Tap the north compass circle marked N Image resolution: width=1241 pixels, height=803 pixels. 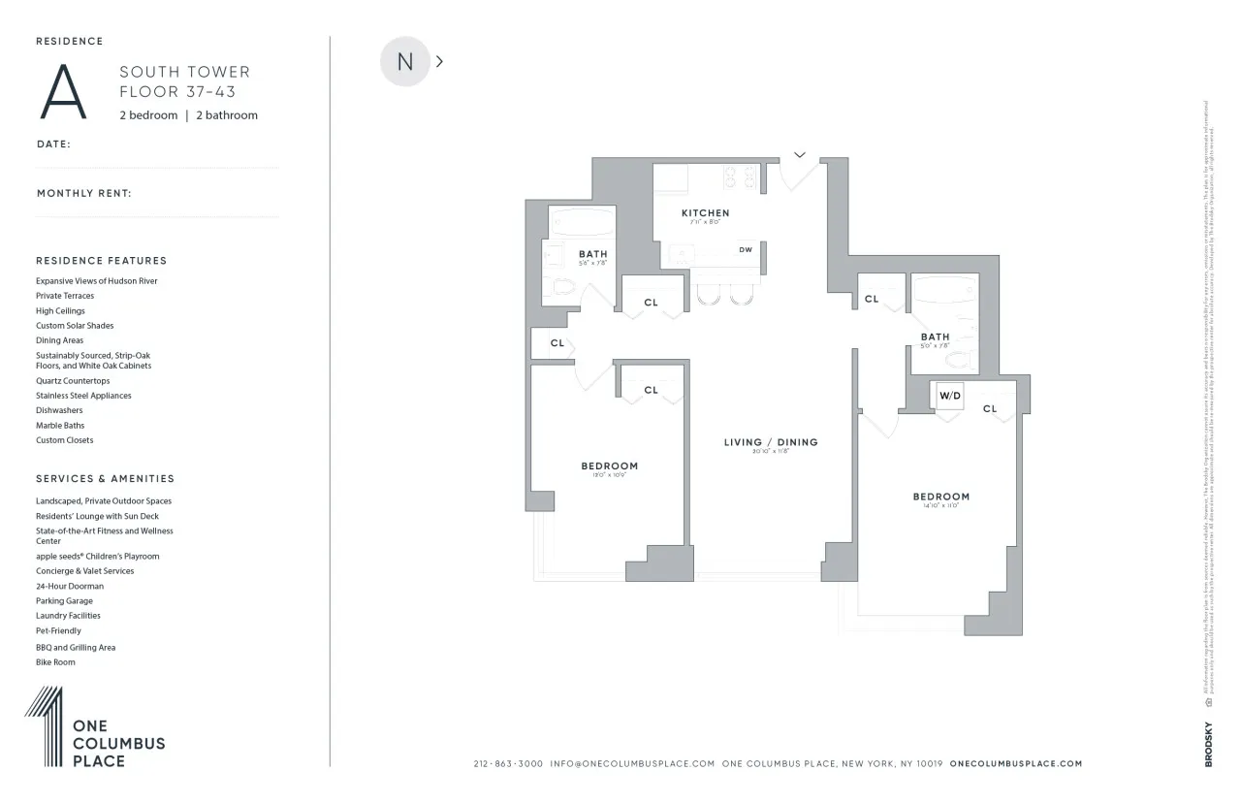point(404,61)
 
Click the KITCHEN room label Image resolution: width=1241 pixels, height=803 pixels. point(705,213)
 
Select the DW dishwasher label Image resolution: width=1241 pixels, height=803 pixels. point(746,250)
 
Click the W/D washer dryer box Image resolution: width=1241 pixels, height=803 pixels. point(948,396)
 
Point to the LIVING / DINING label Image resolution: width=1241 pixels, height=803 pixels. point(771,442)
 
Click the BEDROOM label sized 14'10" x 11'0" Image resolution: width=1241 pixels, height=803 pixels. point(940,497)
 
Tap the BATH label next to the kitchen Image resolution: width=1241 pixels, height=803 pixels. point(592,254)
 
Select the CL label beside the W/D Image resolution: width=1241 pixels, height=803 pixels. point(989,409)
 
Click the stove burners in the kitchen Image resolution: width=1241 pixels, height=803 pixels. point(743,177)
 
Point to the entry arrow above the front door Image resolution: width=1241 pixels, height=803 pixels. point(800,153)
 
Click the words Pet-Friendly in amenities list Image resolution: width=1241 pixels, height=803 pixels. point(58,630)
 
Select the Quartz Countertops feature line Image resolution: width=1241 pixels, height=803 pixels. point(73,381)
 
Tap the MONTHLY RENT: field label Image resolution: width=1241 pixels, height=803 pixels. point(84,193)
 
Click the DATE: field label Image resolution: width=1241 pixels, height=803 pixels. point(53,144)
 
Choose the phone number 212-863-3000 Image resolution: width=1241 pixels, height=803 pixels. point(508,763)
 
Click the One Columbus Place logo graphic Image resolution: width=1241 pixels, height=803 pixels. point(45,727)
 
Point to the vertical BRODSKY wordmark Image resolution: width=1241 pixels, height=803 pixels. point(1208,745)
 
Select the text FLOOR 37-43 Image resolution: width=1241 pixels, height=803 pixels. point(177,92)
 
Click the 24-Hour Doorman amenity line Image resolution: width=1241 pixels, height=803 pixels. point(70,586)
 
